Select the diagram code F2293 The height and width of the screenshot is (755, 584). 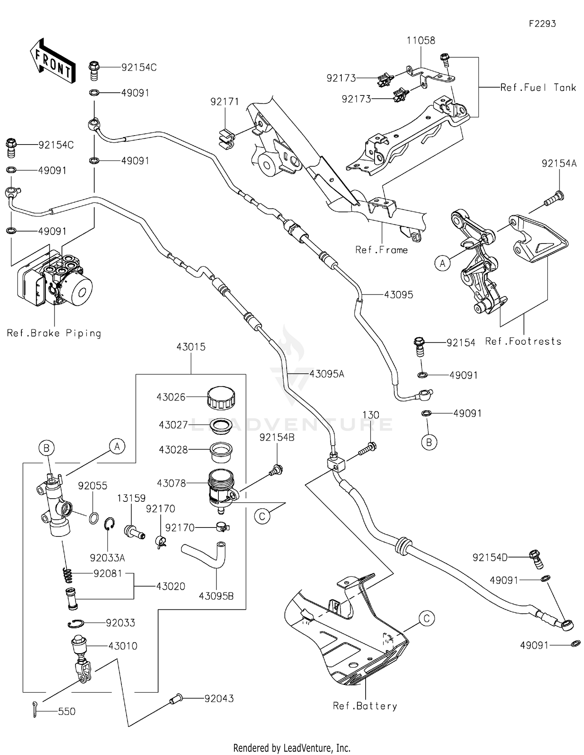click(542, 24)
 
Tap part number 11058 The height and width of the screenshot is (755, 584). click(421, 41)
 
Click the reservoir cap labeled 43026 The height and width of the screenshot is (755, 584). click(221, 397)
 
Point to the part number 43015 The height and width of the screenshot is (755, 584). click(191, 347)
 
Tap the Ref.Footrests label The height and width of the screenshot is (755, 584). click(523, 341)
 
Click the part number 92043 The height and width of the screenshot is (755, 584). click(219, 699)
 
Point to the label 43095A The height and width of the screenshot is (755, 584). click(327, 374)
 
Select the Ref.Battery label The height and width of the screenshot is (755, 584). click(365, 706)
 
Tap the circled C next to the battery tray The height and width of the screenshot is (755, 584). click(426, 618)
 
